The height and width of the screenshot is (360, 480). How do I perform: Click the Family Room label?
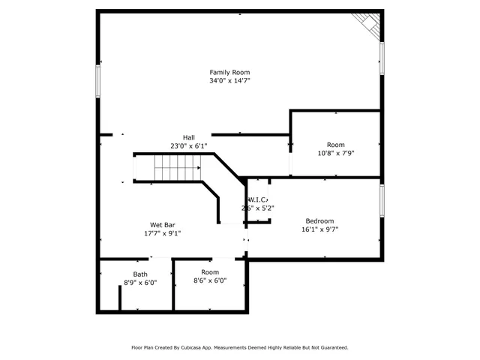point(229,72)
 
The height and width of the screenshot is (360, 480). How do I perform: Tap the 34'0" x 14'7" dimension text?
point(229,80)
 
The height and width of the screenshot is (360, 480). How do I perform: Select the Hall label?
point(188,137)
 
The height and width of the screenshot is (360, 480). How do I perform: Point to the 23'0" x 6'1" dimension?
point(188,145)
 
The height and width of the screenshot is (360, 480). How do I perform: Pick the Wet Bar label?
point(163,224)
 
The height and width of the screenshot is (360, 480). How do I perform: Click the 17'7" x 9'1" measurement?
point(163,232)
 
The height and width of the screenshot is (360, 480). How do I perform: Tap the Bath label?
point(140,274)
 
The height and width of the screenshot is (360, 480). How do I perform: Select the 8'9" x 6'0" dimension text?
point(140,283)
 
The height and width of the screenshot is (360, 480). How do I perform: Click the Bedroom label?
point(319,220)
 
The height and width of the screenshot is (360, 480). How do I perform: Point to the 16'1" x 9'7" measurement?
point(319,229)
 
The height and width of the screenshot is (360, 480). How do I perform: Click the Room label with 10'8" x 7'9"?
point(335,144)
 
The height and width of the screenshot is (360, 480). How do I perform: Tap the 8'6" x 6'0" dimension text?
point(209,280)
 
